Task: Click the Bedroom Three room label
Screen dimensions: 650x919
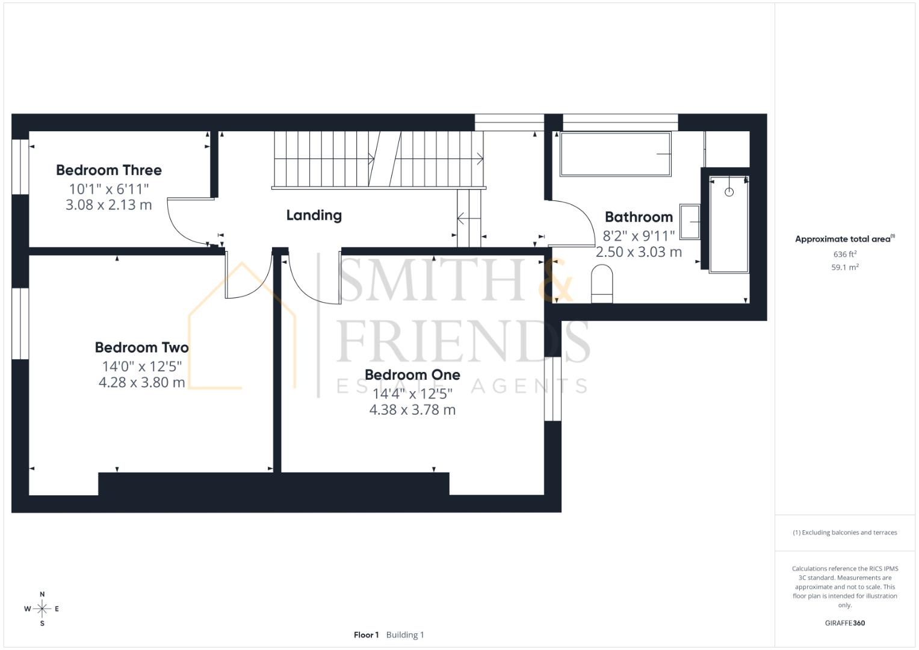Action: pos(109,170)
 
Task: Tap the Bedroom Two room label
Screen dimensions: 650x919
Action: pos(141,348)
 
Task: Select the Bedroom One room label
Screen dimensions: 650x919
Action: pos(412,375)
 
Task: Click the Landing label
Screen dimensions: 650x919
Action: pos(314,215)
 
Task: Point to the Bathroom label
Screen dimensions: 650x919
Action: pos(639,217)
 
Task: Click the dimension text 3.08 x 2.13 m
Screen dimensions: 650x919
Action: pos(109,205)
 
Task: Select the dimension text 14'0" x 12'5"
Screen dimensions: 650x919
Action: pos(141,366)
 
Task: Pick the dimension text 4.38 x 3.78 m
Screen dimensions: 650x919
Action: pos(412,410)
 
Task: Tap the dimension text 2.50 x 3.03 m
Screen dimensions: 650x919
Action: pos(639,252)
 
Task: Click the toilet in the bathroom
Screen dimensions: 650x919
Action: pos(602,285)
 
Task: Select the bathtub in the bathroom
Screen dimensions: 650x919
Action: pos(615,154)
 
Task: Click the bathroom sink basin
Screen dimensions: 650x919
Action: pos(690,221)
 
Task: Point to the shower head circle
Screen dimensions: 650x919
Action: pos(729,192)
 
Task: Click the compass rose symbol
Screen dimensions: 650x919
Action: pos(42,609)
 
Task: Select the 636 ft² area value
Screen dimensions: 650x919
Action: pos(844,255)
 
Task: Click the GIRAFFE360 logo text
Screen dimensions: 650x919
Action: pos(844,623)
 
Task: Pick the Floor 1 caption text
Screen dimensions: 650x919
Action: pos(366,635)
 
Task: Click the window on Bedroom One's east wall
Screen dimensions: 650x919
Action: pos(552,389)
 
